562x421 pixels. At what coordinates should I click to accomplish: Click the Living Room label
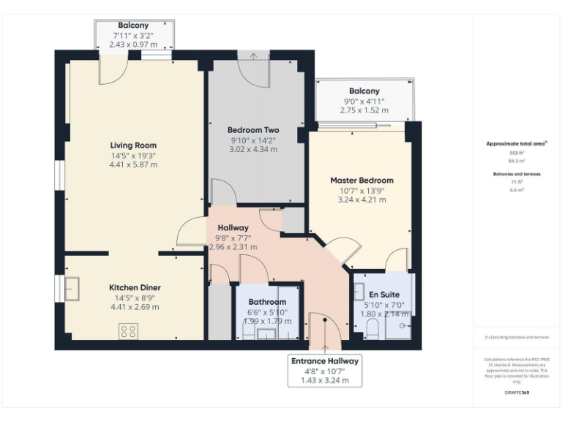coord(133,145)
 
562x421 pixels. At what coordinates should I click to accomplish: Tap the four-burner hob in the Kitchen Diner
coord(128,331)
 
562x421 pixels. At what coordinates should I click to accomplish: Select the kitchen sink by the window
coord(72,288)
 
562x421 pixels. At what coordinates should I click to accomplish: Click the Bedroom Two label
coord(253,130)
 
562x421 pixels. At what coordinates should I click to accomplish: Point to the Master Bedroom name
coord(361,181)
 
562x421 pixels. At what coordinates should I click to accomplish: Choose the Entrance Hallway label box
coord(325,371)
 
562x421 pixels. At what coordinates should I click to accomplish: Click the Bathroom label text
coord(267,301)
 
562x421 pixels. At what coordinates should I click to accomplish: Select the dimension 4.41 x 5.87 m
coord(133,164)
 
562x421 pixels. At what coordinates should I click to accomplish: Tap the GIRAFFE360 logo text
coord(517,393)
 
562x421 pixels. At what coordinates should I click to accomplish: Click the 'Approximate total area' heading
coord(517,144)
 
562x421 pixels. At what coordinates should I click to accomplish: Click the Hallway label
coord(232,228)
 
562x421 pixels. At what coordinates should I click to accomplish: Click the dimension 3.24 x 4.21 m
coord(361,200)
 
